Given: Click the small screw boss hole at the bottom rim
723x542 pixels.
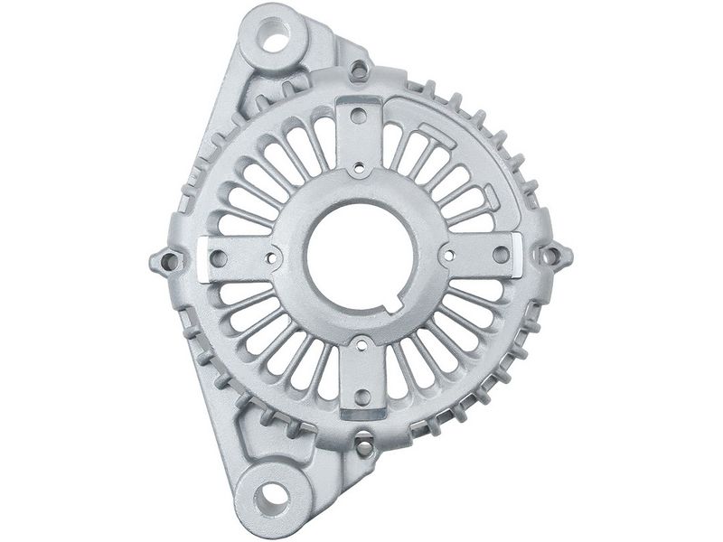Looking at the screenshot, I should click(362, 447).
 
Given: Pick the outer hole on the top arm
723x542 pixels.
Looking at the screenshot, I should click(359, 116).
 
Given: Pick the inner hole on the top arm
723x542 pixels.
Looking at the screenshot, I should click(360, 167).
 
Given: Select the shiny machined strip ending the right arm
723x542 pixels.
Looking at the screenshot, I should click(518, 254).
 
